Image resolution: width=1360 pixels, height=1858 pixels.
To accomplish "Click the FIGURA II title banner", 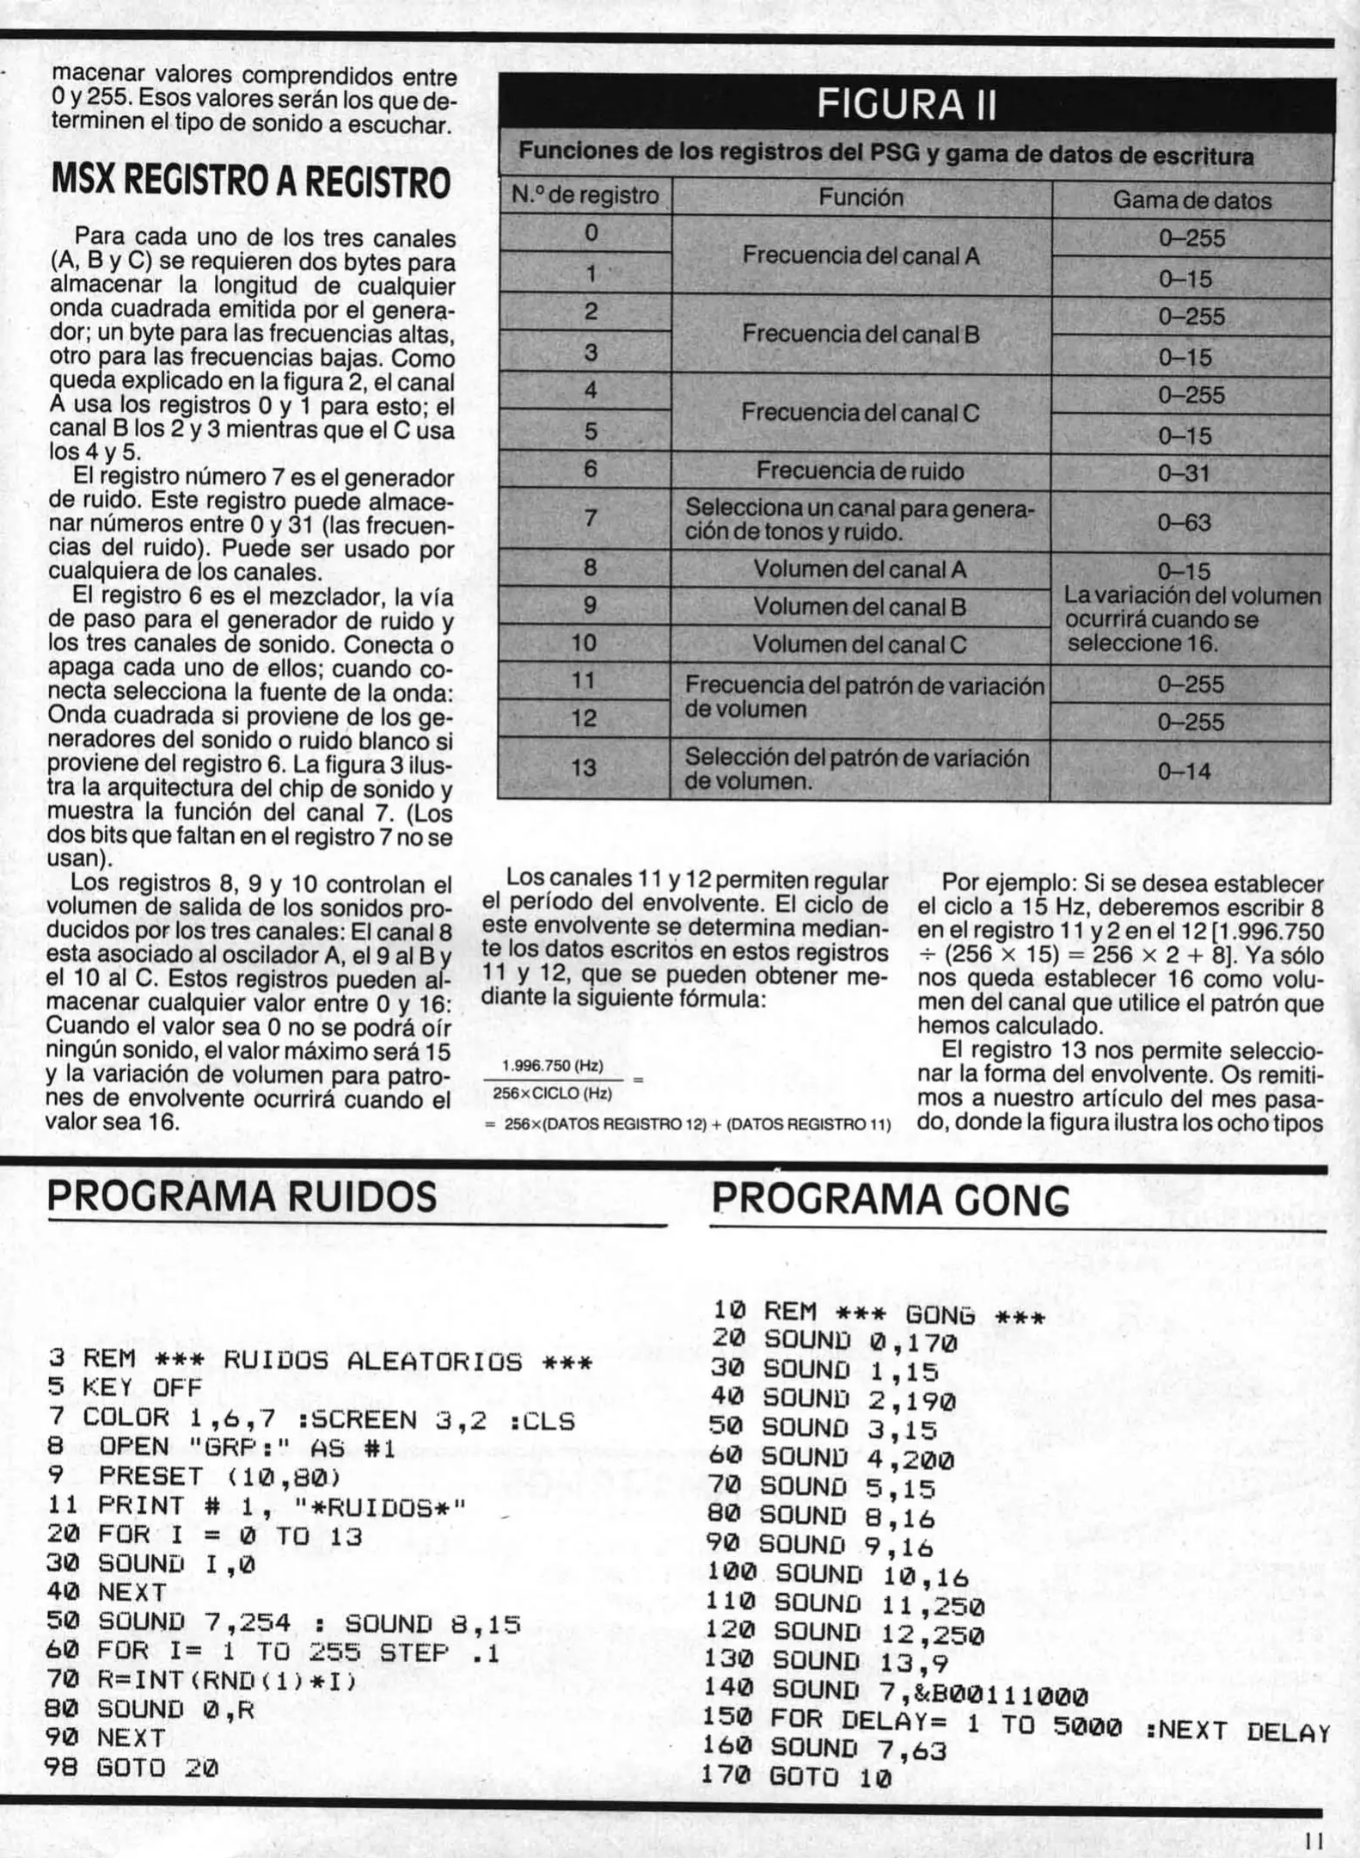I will [906, 104].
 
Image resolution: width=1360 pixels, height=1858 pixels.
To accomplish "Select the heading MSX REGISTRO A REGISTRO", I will [251, 182].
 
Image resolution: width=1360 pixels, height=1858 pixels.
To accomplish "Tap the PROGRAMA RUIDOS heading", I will [242, 1197].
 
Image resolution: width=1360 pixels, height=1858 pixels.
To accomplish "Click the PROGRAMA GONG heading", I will [891, 1199].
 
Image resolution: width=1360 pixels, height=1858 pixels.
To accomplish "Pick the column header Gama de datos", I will [1191, 200].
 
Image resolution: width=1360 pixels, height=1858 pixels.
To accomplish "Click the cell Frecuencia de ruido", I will [860, 471].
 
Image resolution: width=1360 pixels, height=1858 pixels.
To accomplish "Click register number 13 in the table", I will [584, 767].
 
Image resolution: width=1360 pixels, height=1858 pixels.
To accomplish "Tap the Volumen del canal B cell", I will [860, 606].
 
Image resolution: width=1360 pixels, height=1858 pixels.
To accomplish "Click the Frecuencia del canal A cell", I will [860, 255].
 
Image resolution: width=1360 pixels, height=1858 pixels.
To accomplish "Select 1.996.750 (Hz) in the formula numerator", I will [552, 1066].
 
